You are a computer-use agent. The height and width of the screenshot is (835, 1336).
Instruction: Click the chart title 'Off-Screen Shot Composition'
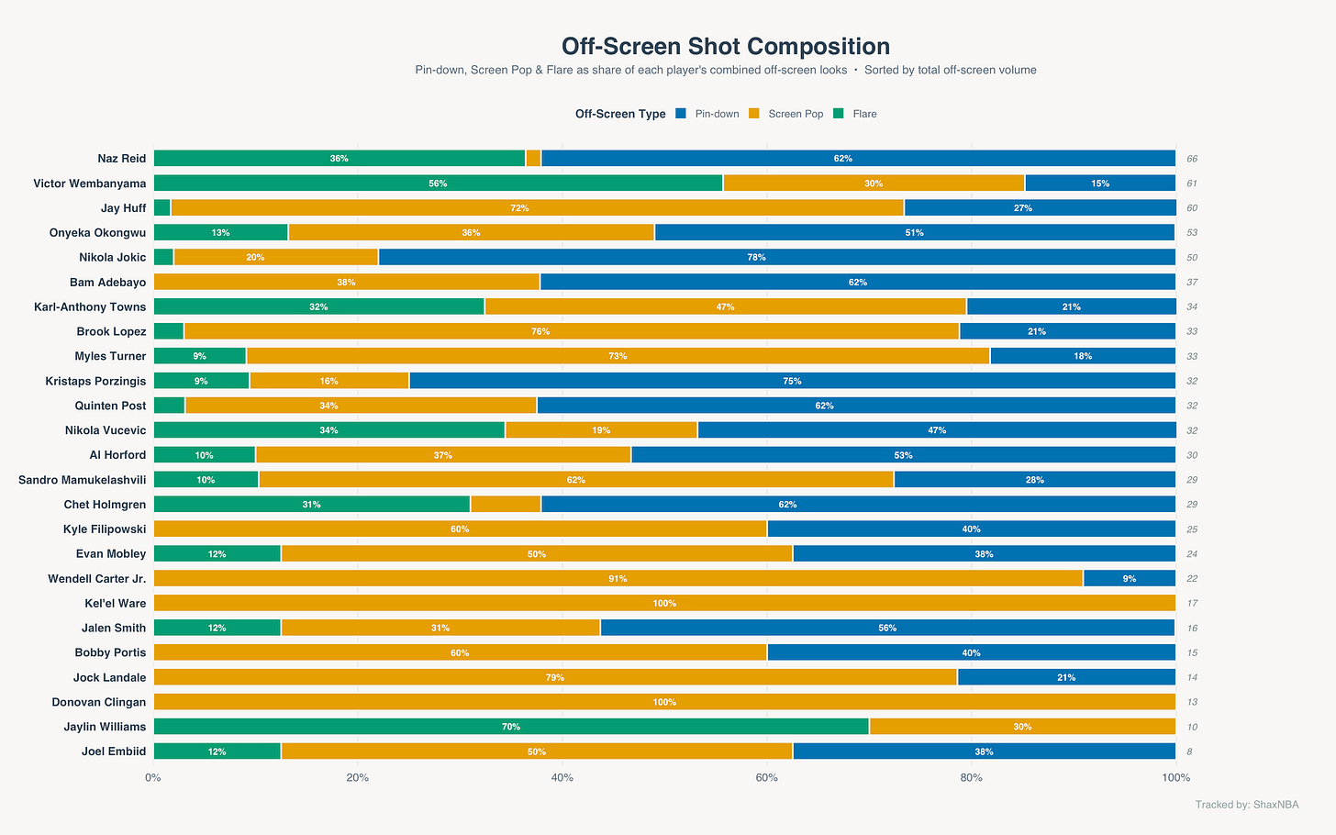pos(725,47)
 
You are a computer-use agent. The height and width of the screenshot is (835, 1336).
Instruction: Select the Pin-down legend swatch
pos(681,114)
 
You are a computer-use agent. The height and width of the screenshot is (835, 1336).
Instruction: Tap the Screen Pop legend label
pos(796,114)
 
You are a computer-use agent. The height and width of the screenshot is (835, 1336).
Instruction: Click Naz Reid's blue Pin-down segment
pos(858,158)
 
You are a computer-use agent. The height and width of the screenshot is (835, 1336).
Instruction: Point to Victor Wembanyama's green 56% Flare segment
pos(438,184)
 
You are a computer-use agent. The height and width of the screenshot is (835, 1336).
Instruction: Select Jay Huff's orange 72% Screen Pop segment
pos(538,207)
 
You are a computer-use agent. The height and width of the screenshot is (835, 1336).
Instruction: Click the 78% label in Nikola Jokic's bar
pos(756,258)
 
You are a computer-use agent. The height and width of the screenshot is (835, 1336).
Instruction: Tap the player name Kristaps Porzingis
pos(95,381)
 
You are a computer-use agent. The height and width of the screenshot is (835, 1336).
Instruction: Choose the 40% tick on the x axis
pos(562,778)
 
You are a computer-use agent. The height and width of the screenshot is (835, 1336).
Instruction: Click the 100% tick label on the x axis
pos(1175,778)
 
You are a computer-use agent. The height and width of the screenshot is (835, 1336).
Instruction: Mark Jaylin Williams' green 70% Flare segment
pos(511,727)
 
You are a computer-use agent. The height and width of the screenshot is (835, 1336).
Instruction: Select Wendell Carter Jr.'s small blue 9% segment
pos(1130,578)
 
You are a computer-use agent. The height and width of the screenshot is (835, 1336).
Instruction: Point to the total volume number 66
pos(1192,159)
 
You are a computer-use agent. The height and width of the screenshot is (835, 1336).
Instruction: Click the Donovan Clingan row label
pos(98,702)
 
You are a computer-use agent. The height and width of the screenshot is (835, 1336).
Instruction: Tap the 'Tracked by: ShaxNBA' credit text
pos(1246,805)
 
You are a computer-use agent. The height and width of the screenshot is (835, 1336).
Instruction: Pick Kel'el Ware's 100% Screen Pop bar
pos(664,603)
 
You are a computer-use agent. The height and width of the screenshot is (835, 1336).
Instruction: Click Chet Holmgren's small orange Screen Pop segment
pos(506,504)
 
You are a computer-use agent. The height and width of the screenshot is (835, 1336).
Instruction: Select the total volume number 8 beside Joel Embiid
pos(1189,751)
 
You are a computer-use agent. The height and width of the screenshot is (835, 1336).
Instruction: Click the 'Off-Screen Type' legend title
pos(620,114)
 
